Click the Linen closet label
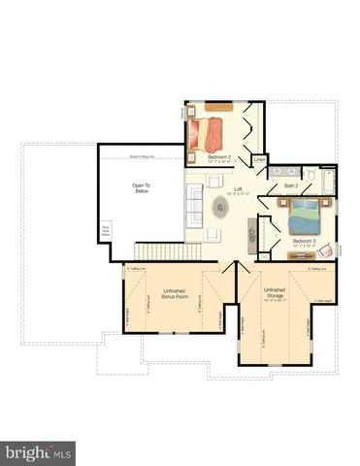coord(259,159)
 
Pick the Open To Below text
coord(142,187)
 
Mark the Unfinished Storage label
coord(274,292)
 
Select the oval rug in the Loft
coord(221,207)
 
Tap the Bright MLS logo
coord(39,453)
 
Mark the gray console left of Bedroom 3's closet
coord(252,232)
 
